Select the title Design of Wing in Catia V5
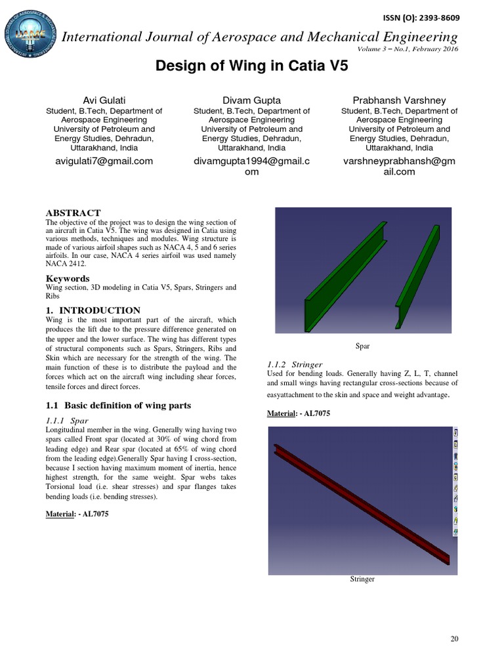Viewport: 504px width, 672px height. pyautogui.click(x=251, y=66)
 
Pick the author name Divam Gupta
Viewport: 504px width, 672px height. pyautogui.click(x=252, y=100)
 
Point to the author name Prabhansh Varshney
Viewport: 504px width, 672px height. pyautogui.click(x=399, y=100)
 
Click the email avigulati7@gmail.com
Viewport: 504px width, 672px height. pyautogui.click(x=99, y=161)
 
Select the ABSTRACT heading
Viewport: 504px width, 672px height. pyautogui.click(x=73, y=213)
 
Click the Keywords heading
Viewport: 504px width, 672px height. pyautogui.click(x=68, y=278)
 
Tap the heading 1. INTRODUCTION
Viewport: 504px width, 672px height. pyautogui.click(x=93, y=310)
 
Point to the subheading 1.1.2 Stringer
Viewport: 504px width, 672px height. pyautogui.click(x=295, y=363)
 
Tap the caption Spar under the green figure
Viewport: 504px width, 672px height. pyautogui.click(x=362, y=345)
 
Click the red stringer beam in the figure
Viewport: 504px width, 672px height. pyautogui.click(x=361, y=503)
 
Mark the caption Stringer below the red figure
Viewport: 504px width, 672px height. pyautogui.click(x=362, y=579)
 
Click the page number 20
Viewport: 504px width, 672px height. pyautogui.click(x=454, y=639)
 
